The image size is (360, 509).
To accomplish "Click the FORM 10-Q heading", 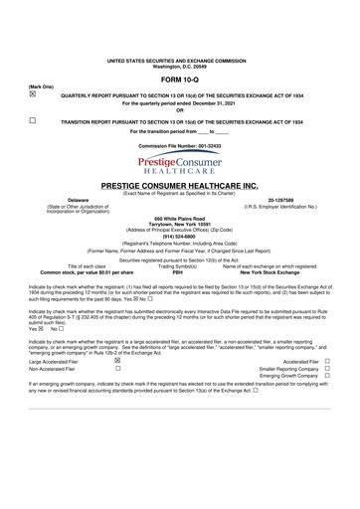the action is (x=179, y=78).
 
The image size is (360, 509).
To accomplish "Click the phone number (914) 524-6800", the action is (x=179, y=235).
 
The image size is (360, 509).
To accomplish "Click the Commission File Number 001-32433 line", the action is (x=179, y=145).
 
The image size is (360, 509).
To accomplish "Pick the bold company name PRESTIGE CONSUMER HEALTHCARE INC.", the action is (x=179, y=186).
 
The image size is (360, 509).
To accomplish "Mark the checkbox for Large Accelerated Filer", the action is (x=118, y=361).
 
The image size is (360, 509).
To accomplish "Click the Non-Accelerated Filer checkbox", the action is (x=118, y=369).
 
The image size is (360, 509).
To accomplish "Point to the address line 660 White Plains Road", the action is (x=179, y=217).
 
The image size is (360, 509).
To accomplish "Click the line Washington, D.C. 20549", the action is (x=179, y=66).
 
